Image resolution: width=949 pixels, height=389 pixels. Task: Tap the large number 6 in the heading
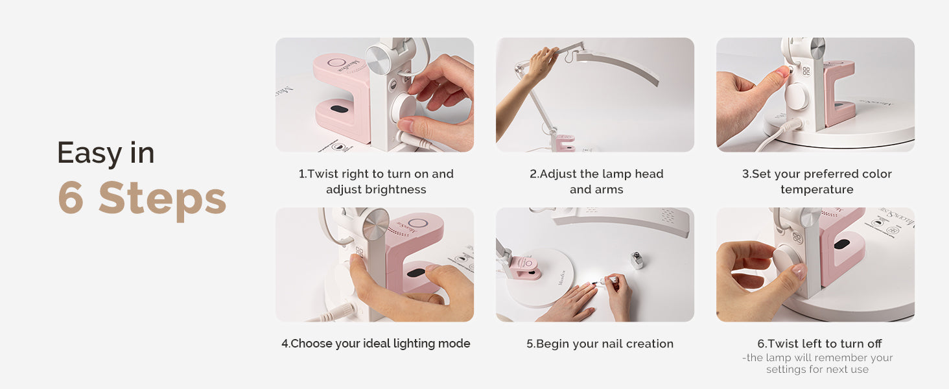pos(71,198)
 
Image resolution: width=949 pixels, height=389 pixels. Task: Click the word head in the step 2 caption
pos(648,174)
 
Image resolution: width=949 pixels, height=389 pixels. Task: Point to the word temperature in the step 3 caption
pos(817,189)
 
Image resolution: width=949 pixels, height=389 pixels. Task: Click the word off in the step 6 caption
pos(873,343)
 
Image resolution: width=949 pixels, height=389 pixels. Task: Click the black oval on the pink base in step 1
pos(340,110)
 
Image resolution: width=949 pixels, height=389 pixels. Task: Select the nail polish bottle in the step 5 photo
pos(637,260)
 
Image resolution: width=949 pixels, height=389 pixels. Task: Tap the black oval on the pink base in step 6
pos(842,244)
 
